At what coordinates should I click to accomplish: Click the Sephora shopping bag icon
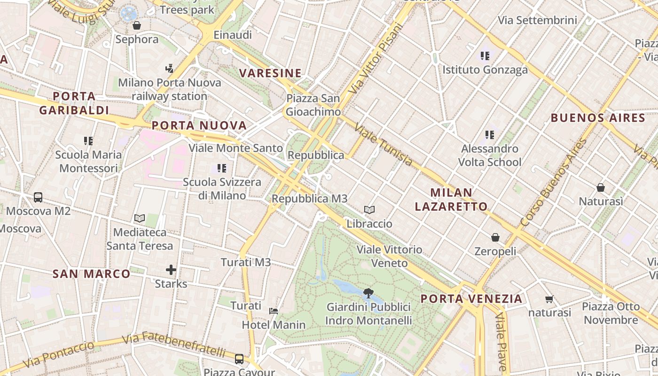pyautogui.click(x=137, y=25)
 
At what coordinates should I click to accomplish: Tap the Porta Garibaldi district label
pyautogui.click(x=74, y=103)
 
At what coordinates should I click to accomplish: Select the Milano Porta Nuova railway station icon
pyautogui.click(x=169, y=69)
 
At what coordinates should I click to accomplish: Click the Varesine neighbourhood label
pyautogui.click(x=270, y=73)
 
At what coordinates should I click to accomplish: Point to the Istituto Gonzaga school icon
pyautogui.click(x=485, y=56)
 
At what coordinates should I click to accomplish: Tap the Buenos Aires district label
pyautogui.click(x=597, y=117)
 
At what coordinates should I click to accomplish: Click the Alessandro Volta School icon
pyautogui.click(x=490, y=135)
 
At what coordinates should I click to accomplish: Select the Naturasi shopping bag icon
pyautogui.click(x=600, y=188)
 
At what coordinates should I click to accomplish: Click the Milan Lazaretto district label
pyautogui.click(x=458, y=199)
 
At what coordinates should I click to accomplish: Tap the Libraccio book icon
pyautogui.click(x=369, y=210)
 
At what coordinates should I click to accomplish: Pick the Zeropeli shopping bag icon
pyautogui.click(x=495, y=237)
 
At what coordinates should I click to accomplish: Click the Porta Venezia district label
pyautogui.click(x=471, y=298)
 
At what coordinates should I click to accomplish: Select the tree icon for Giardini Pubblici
pyautogui.click(x=368, y=293)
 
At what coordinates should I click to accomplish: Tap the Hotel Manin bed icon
pyautogui.click(x=274, y=311)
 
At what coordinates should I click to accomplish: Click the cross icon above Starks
pyautogui.click(x=171, y=270)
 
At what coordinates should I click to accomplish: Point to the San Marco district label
pyautogui.click(x=91, y=274)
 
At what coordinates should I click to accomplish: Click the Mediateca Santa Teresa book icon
pyautogui.click(x=139, y=218)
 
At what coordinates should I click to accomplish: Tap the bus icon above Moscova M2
pyautogui.click(x=38, y=197)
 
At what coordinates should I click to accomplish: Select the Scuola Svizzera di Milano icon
pyautogui.click(x=222, y=168)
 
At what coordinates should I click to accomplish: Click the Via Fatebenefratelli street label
pyautogui.click(x=174, y=344)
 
